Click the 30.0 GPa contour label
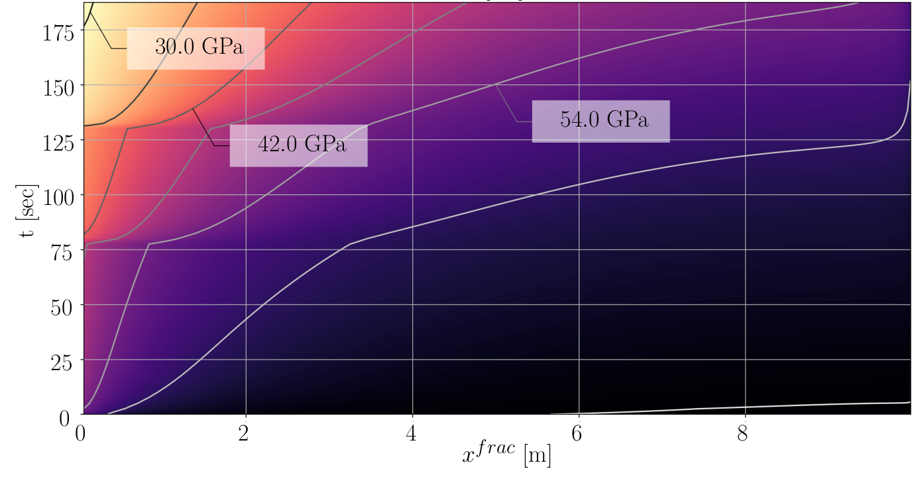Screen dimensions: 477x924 tap(198, 48)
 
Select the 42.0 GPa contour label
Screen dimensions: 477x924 tap(301, 145)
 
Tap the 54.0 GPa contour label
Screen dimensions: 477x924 tap(603, 121)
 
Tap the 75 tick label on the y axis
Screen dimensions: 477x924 tap(64, 251)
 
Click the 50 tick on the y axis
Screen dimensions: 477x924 tap(64, 306)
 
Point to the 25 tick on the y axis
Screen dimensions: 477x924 tap(64, 361)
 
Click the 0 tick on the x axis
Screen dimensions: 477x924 tap(81, 432)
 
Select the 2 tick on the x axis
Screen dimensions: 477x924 tap(247, 432)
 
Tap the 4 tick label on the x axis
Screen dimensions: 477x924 tap(412, 432)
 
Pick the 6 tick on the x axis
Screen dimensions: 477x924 tap(579, 432)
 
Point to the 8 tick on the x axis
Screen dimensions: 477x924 tap(746, 432)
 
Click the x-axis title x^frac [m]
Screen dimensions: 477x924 tap(506, 455)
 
